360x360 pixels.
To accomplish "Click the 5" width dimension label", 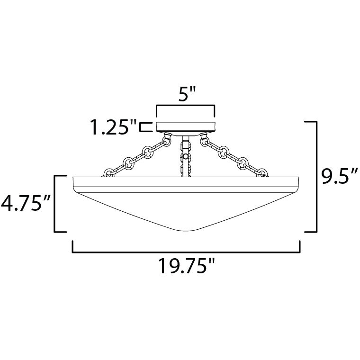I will click(x=186, y=96).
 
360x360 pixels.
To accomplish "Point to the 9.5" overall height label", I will click(x=337, y=177).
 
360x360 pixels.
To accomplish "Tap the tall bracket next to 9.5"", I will click(x=313, y=177).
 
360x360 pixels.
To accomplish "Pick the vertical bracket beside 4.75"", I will click(x=59, y=204).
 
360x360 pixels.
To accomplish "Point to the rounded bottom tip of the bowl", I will click(x=186, y=231).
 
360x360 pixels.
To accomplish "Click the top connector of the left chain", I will click(x=167, y=140).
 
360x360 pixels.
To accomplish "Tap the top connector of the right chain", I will click(x=205, y=140).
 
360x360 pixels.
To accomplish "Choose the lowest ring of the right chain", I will click(x=261, y=173).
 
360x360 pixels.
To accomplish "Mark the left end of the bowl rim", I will click(x=74, y=182).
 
